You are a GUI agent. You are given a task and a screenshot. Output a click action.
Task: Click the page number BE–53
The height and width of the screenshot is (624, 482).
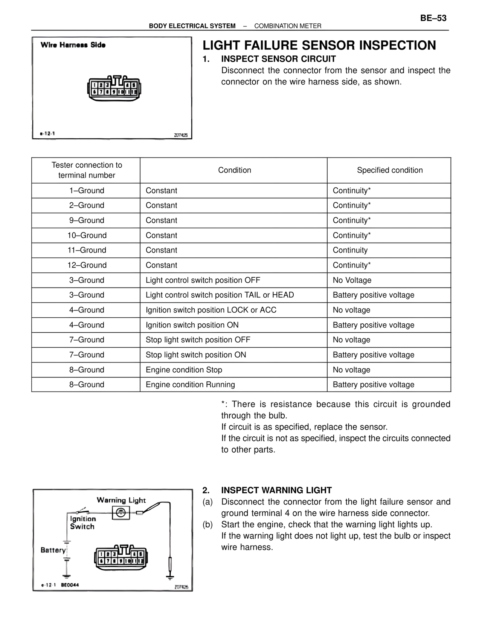click(433, 18)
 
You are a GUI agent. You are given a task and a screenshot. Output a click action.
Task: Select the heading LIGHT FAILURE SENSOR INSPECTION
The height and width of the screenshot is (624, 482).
click(319, 45)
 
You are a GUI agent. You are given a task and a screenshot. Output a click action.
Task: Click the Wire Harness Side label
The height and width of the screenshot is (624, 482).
click(73, 45)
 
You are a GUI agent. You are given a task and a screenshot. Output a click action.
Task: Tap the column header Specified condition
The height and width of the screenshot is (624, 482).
click(389, 170)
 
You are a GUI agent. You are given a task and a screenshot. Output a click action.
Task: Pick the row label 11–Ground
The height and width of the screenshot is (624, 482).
click(87, 250)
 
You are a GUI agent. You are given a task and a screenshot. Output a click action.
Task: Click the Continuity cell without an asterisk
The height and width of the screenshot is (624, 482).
click(350, 250)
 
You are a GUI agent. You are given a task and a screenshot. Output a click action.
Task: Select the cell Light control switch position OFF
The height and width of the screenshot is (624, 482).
click(203, 280)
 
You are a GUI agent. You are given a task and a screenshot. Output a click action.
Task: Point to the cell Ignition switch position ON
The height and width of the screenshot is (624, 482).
click(192, 325)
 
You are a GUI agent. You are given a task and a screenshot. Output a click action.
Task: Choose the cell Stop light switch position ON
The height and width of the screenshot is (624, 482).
click(196, 355)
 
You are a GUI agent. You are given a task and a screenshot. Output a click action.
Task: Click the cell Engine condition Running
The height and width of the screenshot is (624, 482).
click(190, 385)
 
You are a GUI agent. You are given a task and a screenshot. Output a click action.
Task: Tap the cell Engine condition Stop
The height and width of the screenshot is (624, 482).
click(184, 370)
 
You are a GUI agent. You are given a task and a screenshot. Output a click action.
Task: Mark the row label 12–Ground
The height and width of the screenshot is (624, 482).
click(87, 265)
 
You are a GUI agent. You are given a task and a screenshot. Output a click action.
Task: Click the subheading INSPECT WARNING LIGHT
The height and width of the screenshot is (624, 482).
click(276, 490)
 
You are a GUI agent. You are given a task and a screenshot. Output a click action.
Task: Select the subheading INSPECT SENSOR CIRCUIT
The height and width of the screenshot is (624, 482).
click(278, 59)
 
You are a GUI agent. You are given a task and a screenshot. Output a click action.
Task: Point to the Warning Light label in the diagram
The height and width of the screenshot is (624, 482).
click(121, 500)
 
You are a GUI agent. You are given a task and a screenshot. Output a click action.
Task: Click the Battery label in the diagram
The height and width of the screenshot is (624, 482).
click(53, 550)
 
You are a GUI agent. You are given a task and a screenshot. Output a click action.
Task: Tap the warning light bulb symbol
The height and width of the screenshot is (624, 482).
click(121, 513)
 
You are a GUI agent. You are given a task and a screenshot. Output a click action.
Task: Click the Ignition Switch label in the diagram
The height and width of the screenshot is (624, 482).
click(82, 523)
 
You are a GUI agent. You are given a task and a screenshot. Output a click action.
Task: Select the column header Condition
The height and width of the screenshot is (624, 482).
click(234, 170)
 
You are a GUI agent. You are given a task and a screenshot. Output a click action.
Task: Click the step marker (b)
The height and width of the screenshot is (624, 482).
click(207, 525)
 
